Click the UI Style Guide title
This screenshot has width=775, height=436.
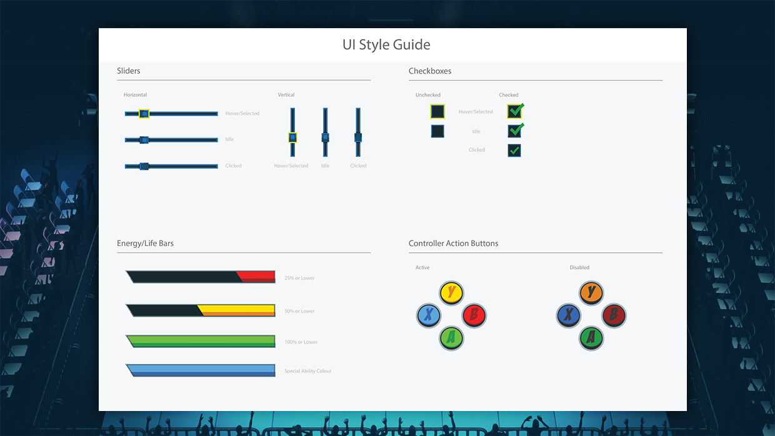(x=386, y=45)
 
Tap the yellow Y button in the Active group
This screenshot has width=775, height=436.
(x=451, y=293)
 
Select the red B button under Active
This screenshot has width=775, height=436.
(x=474, y=315)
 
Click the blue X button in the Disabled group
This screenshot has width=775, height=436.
(x=569, y=315)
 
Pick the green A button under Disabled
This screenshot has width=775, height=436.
(x=591, y=338)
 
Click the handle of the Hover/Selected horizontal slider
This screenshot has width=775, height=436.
(x=144, y=114)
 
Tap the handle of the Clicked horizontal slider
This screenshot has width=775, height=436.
(x=144, y=166)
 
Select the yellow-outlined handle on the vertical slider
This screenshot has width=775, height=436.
(x=292, y=137)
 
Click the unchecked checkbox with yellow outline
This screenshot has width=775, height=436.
(x=437, y=111)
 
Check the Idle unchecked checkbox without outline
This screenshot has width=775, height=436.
(x=437, y=131)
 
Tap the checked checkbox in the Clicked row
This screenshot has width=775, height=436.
(x=514, y=151)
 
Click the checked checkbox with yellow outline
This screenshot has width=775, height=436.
(x=514, y=111)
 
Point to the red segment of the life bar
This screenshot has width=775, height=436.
(x=256, y=277)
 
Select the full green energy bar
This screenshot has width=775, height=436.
(x=201, y=341)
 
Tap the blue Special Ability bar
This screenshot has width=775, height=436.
(x=201, y=370)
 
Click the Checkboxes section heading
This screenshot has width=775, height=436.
(x=430, y=71)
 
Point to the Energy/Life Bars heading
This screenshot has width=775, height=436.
(x=145, y=244)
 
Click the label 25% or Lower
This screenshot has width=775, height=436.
(x=299, y=278)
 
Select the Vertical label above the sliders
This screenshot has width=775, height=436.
(x=286, y=95)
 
